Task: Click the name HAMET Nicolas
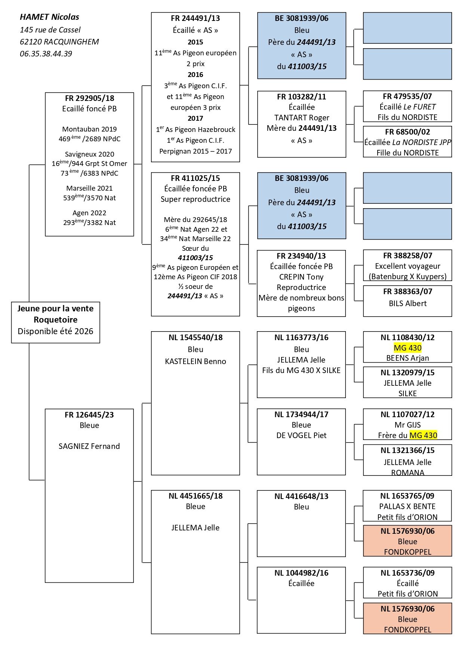coord(49,17)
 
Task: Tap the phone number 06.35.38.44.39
coord(46,54)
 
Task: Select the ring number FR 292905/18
coord(89,98)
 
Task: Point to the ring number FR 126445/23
coord(89,415)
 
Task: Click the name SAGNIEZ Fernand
coord(89,446)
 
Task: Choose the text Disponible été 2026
coord(55,332)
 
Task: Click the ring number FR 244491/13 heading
coord(195,18)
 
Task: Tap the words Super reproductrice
coord(195,199)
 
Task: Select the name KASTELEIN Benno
coord(195,361)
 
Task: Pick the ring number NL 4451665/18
coord(195,496)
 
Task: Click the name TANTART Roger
coord(301,118)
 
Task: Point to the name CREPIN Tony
coord(301,277)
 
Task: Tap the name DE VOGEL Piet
coord(301,435)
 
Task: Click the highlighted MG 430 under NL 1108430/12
coord(408,348)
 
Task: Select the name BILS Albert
coord(408,304)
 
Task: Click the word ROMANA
coord(408,472)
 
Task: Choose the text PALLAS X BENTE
coord(407,506)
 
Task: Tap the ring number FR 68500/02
coord(408,132)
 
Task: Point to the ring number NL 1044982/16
coord(301,573)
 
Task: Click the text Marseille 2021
coord(89,188)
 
